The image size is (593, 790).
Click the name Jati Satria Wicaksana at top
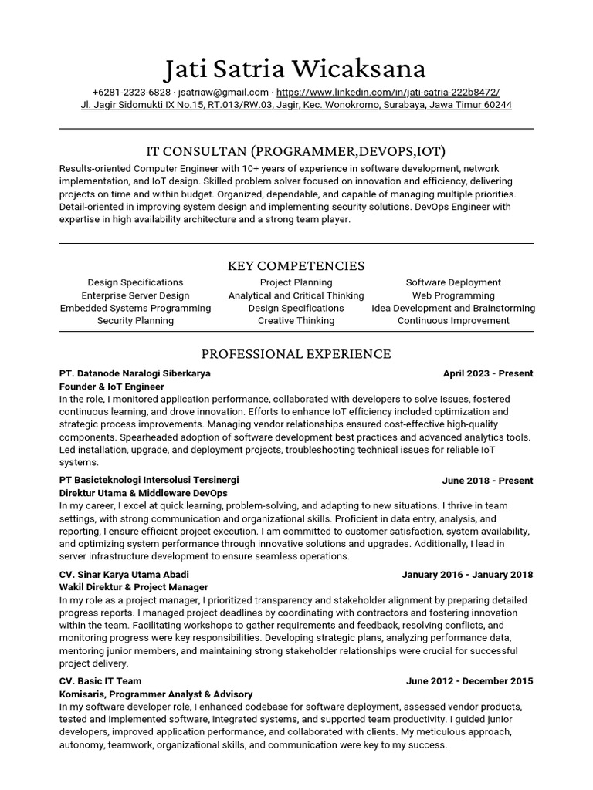(296, 69)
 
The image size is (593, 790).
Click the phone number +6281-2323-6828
(131, 92)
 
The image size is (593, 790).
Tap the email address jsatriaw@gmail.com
(223, 92)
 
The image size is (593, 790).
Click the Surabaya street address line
(296, 105)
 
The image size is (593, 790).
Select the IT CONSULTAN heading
(296, 150)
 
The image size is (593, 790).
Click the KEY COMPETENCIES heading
(296, 265)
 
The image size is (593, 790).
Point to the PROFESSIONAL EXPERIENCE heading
(296, 354)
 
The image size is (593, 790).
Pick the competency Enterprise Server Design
(135, 295)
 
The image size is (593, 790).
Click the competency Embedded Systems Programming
(135, 308)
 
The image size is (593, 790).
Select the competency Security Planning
(135, 320)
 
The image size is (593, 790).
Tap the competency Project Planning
(296, 282)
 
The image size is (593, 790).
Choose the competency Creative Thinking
(296, 320)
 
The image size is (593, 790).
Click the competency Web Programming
(453, 295)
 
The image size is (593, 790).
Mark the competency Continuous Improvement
(453, 320)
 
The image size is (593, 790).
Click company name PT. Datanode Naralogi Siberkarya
(135, 373)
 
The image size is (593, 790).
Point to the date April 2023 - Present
(488, 373)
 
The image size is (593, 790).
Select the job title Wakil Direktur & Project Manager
(134, 587)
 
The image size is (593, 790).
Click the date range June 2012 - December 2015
(469, 681)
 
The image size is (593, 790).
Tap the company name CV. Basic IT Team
(101, 681)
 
